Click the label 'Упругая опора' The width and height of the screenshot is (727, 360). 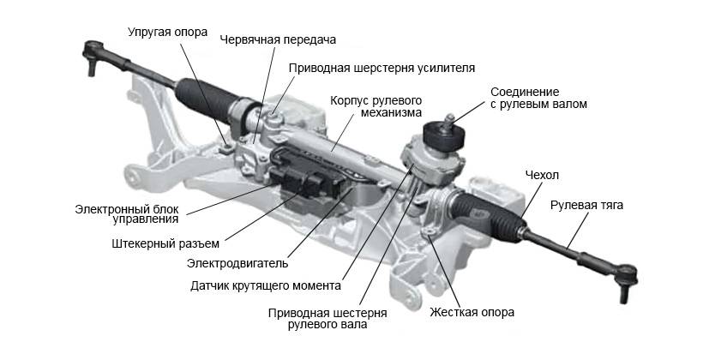pos(167,33)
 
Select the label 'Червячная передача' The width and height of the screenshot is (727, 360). pos(278,39)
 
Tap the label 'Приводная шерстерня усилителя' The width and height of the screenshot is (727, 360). pos(382,67)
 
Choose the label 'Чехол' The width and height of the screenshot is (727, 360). pos(542,176)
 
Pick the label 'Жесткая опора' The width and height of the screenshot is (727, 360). pos(472,312)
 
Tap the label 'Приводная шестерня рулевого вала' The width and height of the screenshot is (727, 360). pos(327,318)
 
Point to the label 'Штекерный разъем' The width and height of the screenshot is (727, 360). pos(165,243)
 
